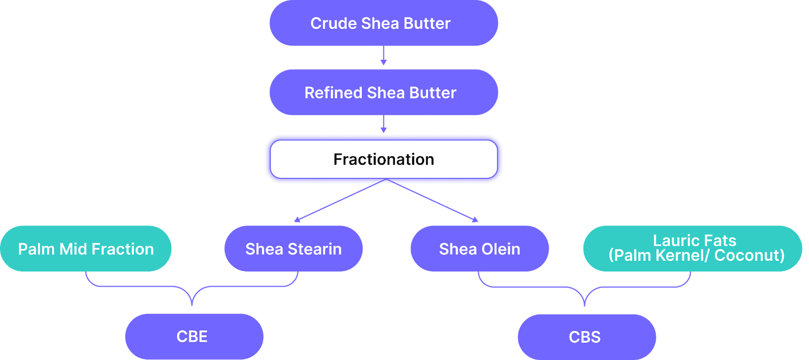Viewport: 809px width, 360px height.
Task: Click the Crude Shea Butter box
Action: [384, 23]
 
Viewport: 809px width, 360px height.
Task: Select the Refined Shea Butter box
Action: [384, 93]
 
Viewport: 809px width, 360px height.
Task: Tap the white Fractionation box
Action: [384, 159]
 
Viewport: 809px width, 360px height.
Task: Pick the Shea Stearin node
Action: [293, 249]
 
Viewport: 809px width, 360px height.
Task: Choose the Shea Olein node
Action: [480, 249]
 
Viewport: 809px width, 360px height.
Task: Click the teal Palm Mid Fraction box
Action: [86, 249]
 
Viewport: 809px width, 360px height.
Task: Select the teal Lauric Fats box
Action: [693, 249]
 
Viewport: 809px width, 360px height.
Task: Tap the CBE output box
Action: [194, 337]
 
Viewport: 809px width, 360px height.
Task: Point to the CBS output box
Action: [587, 337]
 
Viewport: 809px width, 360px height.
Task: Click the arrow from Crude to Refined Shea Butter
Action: [384, 56]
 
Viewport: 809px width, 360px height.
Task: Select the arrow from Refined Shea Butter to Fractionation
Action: [384, 124]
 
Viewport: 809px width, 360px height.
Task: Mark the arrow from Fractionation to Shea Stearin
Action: [340, 200]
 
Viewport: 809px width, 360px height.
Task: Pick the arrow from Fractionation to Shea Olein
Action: [432, 200]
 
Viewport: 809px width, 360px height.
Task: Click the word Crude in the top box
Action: [333, 23]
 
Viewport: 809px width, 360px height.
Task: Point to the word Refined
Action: [333, 93]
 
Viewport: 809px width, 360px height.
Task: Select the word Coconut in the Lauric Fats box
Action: [749, 256]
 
